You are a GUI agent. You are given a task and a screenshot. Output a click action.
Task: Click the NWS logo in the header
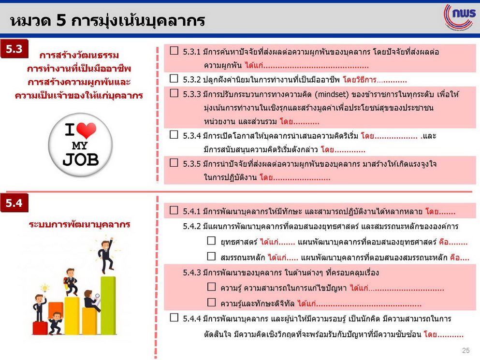460,16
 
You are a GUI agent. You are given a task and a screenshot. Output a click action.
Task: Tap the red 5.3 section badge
14,49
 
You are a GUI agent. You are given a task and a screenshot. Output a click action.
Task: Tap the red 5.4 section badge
14,202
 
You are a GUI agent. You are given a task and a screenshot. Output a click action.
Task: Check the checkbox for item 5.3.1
174,51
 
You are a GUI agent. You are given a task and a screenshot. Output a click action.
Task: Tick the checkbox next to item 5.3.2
174,79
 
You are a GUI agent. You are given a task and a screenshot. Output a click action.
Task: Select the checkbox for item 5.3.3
174,93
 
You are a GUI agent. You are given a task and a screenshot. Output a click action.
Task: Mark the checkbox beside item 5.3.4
174,135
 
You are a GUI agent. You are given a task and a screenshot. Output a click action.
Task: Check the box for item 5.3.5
174,162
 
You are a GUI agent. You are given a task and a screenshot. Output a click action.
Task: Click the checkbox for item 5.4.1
174,210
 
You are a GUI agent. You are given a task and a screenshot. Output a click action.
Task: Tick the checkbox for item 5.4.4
174,317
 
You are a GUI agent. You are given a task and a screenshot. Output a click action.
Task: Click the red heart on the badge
87,130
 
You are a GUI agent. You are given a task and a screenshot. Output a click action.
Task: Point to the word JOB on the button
81,159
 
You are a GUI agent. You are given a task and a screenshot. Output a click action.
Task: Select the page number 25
465,350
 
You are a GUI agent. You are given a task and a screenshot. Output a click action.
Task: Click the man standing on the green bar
105,256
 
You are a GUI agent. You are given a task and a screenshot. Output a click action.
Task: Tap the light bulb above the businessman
45,288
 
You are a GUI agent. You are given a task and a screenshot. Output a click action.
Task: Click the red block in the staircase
40,328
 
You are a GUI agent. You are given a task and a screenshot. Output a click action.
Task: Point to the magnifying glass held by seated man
97,296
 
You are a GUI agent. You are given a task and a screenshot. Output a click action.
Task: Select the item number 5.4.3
191,273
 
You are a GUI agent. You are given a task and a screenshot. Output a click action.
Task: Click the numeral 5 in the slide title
61,20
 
